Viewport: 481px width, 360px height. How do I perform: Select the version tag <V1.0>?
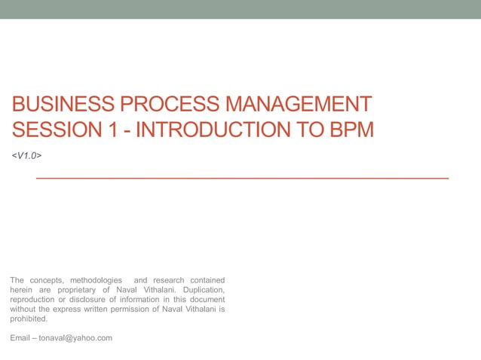[x=26, y=155]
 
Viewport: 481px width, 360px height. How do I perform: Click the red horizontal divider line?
[x=242, y=178]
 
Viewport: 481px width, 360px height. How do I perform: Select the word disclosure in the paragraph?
[x=82, y=300]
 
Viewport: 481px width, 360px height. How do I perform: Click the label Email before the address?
[x=20, y=338]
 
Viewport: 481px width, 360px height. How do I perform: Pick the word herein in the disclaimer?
[x=22, y=290]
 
